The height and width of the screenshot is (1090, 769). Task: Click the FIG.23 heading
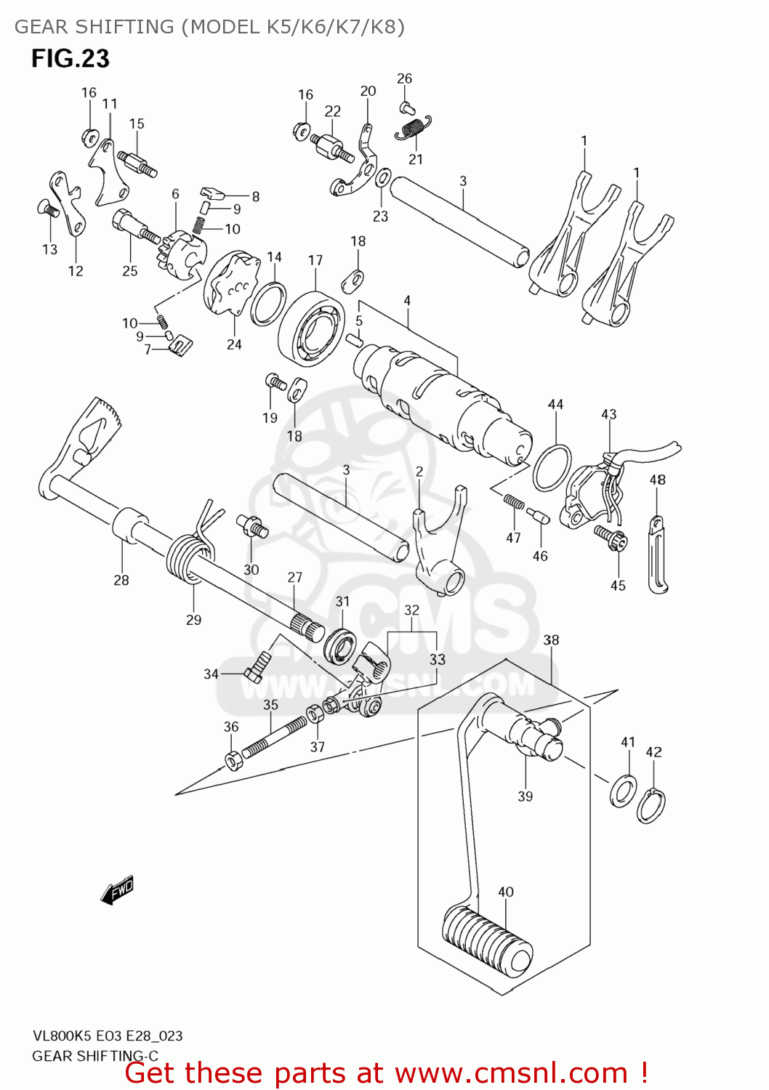point(71,58)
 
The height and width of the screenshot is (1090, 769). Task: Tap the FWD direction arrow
point(117,890)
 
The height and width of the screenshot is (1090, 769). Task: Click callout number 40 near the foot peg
point(506,892)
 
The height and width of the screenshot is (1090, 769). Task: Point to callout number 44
point(555,404)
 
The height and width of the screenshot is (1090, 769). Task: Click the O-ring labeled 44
point(552,469)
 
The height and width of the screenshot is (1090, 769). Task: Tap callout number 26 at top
point(405,78)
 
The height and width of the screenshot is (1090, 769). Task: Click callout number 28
point(121,580)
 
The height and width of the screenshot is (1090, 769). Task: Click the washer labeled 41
point(624,791)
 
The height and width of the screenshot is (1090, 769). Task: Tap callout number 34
point(211,674)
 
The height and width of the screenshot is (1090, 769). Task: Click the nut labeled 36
point(233,761)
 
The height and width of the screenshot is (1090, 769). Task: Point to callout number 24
point(233,344)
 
